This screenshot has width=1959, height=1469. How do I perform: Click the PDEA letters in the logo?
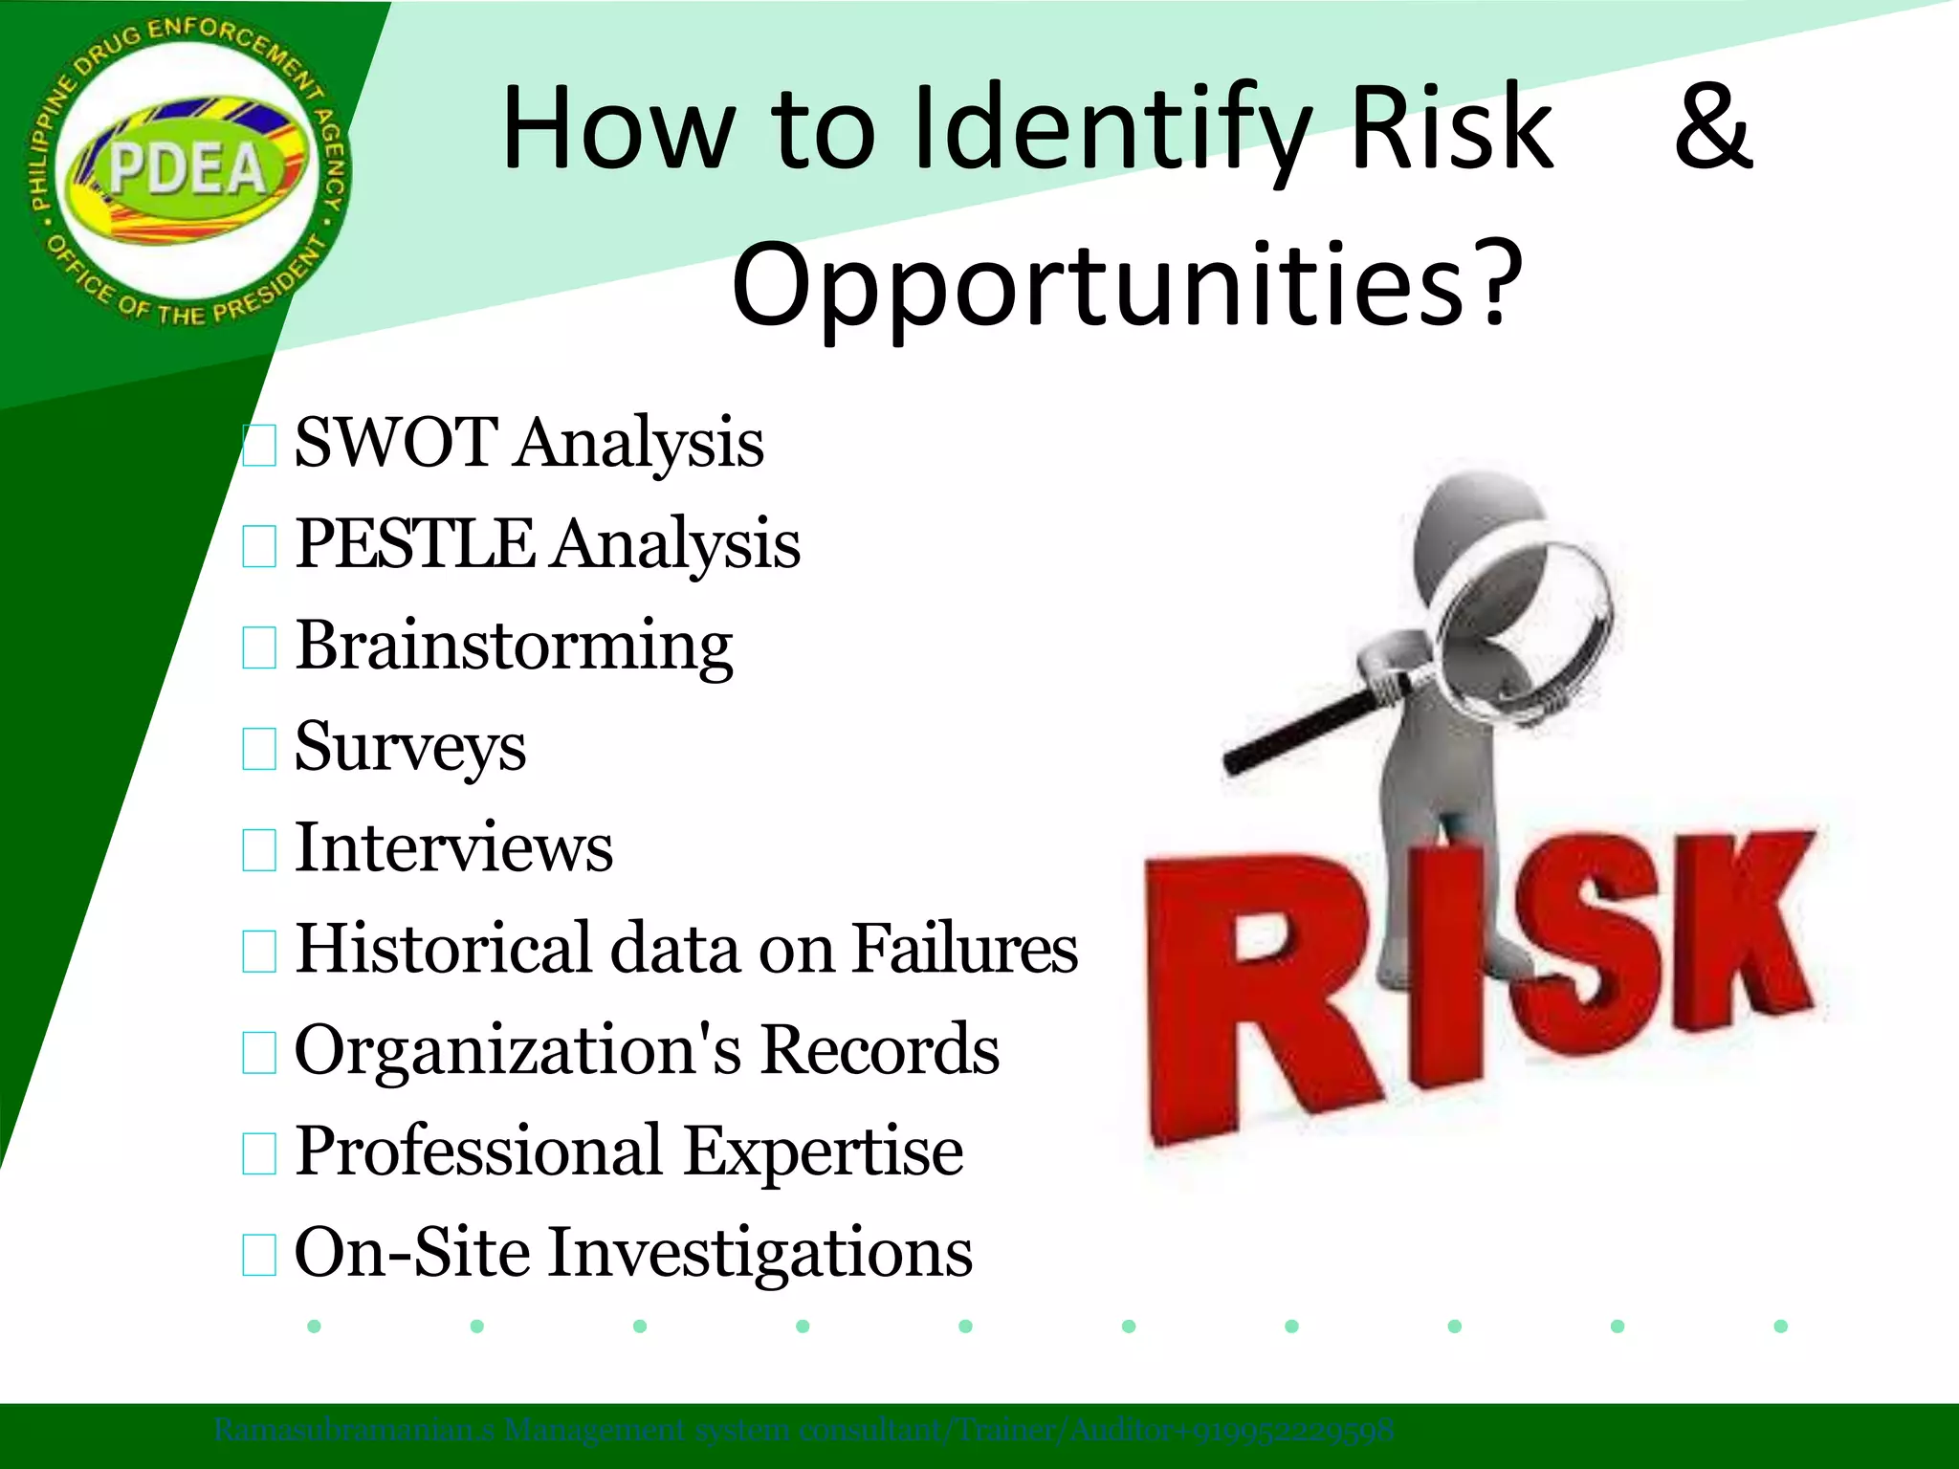(187, 169)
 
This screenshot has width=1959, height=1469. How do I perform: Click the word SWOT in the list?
(395, 443)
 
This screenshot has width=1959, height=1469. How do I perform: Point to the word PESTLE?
(414, 544)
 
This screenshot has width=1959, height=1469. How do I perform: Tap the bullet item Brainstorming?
(514, 647)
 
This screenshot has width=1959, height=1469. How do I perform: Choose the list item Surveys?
(410, 747)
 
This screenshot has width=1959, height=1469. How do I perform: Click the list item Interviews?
(453, 848)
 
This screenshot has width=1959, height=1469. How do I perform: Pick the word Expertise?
(823, 1151)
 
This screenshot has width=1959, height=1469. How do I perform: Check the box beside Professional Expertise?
(259, 1153)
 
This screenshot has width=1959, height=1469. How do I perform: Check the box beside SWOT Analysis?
(259, 446)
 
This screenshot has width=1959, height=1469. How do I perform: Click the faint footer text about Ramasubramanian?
(803, 1431)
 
